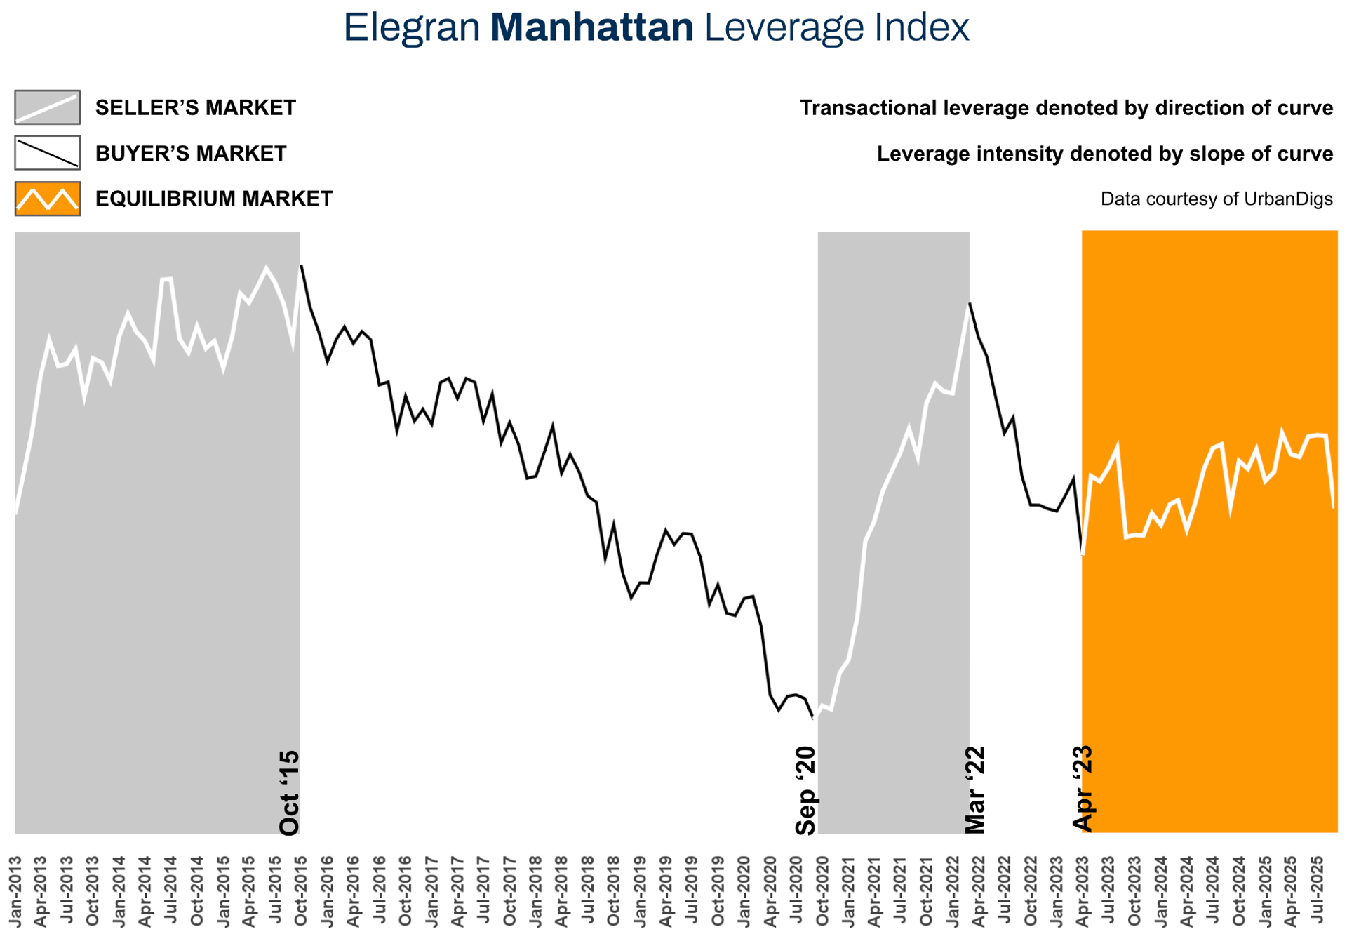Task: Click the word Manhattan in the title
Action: click(x=591, y=28)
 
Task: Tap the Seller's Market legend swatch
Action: click(x=47, y=107)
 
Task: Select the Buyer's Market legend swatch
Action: click(x=47, y=153)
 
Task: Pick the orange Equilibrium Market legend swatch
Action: click(x=47, y=199)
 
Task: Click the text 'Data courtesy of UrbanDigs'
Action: click(x=1216, y=199)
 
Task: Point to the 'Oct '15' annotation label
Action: click(x=289, y=793)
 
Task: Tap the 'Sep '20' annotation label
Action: click(x=806, y=791)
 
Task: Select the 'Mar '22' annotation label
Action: click(x=975, y=790)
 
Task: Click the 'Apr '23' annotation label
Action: click(x=1083, y=789)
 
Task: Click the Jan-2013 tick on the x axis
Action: click(x=15, y=890)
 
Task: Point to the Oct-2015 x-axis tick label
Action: click(x=301, y=890)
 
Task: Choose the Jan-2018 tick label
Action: click(x=536, y=890)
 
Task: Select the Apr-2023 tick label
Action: click(x=1083, y=890)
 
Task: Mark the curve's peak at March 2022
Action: click(x=970, y=304)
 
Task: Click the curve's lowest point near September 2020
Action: click(x=813, y=718)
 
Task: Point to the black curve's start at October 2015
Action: click(x=302, y=267)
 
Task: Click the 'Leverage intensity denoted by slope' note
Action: click(x=1104, y=154)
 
